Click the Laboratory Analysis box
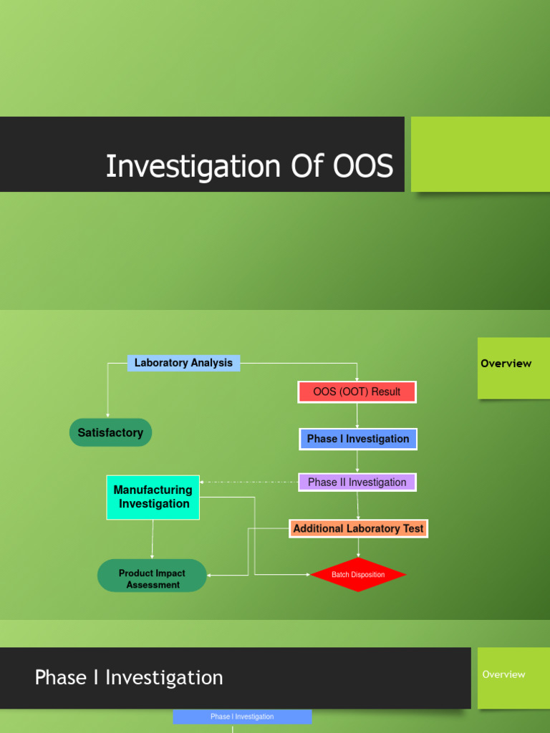coord(183,363)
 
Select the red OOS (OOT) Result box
coord(357,392)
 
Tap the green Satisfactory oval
coord(110,432)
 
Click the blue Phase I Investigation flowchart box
coord(357,439)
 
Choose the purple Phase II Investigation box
coord(357,482)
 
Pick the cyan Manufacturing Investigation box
coord(153,497)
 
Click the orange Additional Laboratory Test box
coord(358,529)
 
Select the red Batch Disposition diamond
coord(358,575)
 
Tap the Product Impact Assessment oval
coord(152,578)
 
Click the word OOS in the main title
coord(363,166)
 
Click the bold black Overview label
coord(506,364)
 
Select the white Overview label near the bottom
coord(503,674)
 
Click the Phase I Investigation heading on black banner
coord(129,677)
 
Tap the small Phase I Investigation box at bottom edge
coord(242,717)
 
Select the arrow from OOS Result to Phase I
coord(357,415)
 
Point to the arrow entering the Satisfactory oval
coord(108,401)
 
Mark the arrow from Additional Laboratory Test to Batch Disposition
coord(358,548)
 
